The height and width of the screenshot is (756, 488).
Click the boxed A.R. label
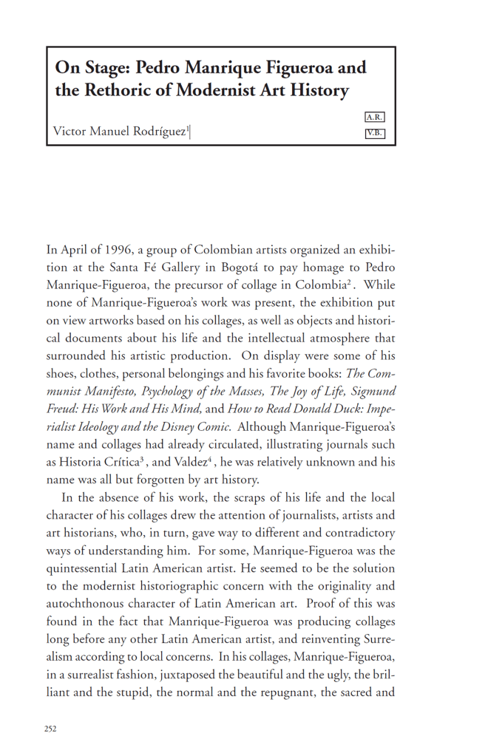[375, 117]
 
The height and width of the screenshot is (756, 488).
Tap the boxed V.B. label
[375, 134]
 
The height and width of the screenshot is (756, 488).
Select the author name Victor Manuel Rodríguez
[119, 132]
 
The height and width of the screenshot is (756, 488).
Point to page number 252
[50, 728]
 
